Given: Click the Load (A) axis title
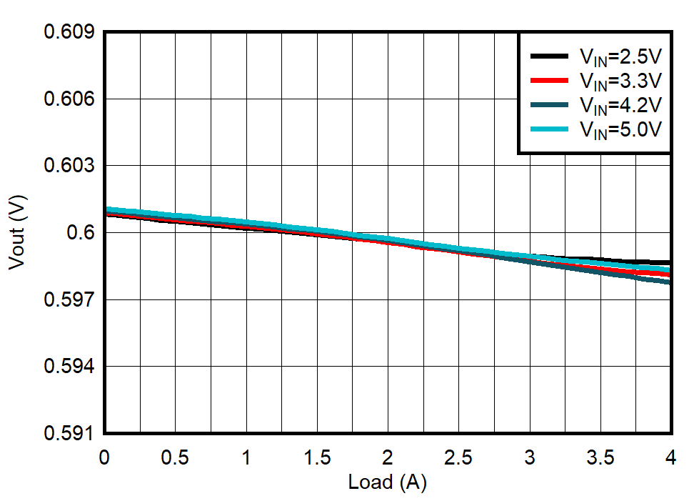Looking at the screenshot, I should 387,483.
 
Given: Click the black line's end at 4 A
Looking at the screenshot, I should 670,262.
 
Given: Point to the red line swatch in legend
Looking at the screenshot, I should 548,80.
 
